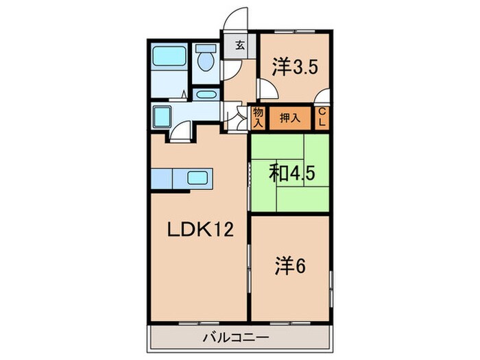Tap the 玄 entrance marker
point(241,46)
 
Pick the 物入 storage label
point(259,118)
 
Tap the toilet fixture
point(204,60)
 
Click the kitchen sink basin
point(201,180)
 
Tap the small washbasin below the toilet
point(204,95)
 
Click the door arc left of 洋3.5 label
point(267,89)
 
